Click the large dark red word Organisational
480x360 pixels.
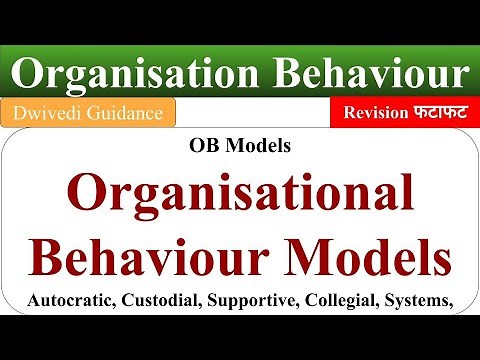240,191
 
